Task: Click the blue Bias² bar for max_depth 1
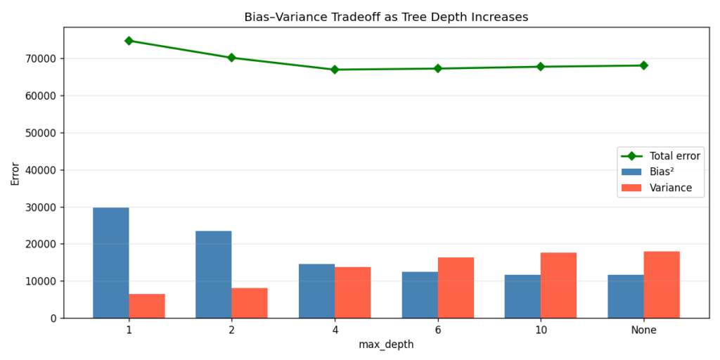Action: point(110,263)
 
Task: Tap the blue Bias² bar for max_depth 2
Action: point(213,274)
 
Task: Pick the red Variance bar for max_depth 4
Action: point(353,292)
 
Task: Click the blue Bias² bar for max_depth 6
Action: point(420,295)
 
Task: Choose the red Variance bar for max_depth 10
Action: point(558,285)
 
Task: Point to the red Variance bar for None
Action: point(662,285)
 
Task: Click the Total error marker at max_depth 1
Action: point(129,41)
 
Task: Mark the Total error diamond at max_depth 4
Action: point(335,70)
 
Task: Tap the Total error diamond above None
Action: point(643,65)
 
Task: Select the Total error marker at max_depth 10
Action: point(541,67)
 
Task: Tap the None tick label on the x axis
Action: point(643,330)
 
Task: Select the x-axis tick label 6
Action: point(438,330)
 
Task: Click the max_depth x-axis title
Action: point(386,345)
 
